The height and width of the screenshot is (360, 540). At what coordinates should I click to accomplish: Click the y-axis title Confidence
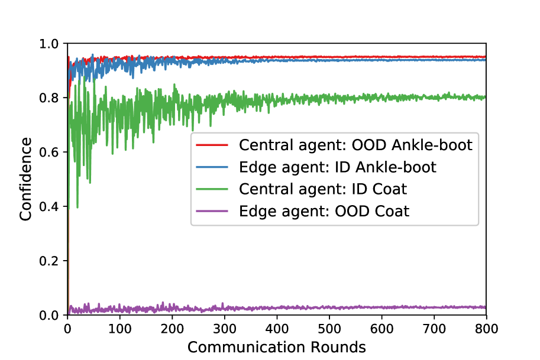25,179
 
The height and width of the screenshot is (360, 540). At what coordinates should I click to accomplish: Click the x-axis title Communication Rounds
277,347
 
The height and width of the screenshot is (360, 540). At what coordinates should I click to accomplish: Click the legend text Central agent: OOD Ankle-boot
355,145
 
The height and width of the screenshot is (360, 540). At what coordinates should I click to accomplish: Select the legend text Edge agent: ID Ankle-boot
337,167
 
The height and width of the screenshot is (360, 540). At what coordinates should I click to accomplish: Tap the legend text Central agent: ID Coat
323,189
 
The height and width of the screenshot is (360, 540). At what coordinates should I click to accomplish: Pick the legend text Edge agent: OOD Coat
324,211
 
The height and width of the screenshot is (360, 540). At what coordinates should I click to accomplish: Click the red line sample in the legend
213,145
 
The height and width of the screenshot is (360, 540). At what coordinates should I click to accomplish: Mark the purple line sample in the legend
213,211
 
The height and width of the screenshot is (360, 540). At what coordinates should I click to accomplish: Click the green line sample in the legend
213,189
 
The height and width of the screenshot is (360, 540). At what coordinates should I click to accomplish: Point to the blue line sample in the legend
213,167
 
